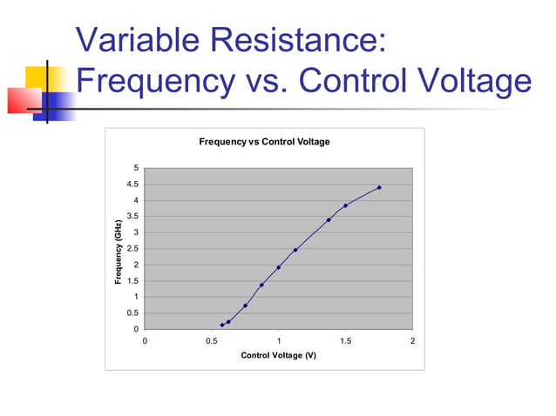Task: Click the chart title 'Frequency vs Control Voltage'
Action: click(x=264, y=142)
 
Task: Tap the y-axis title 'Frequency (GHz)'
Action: click(x=118, y=252)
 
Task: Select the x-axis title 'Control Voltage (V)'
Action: click(x=278, y=356)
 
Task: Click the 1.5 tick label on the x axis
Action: click(x=345, y=341)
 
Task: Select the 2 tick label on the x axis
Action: click(x=412, y=341)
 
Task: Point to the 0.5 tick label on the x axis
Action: click(x=211, y=341)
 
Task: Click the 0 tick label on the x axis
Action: click(x=145, y=341)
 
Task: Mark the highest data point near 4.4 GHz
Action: click(x=379, y=187)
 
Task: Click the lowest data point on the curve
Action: click(x=222, y=325)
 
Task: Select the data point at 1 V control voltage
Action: click(x=279, y=267)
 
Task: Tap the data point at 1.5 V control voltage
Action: click(x=346, y=205)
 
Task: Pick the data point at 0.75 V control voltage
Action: click(x=246, y=305)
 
